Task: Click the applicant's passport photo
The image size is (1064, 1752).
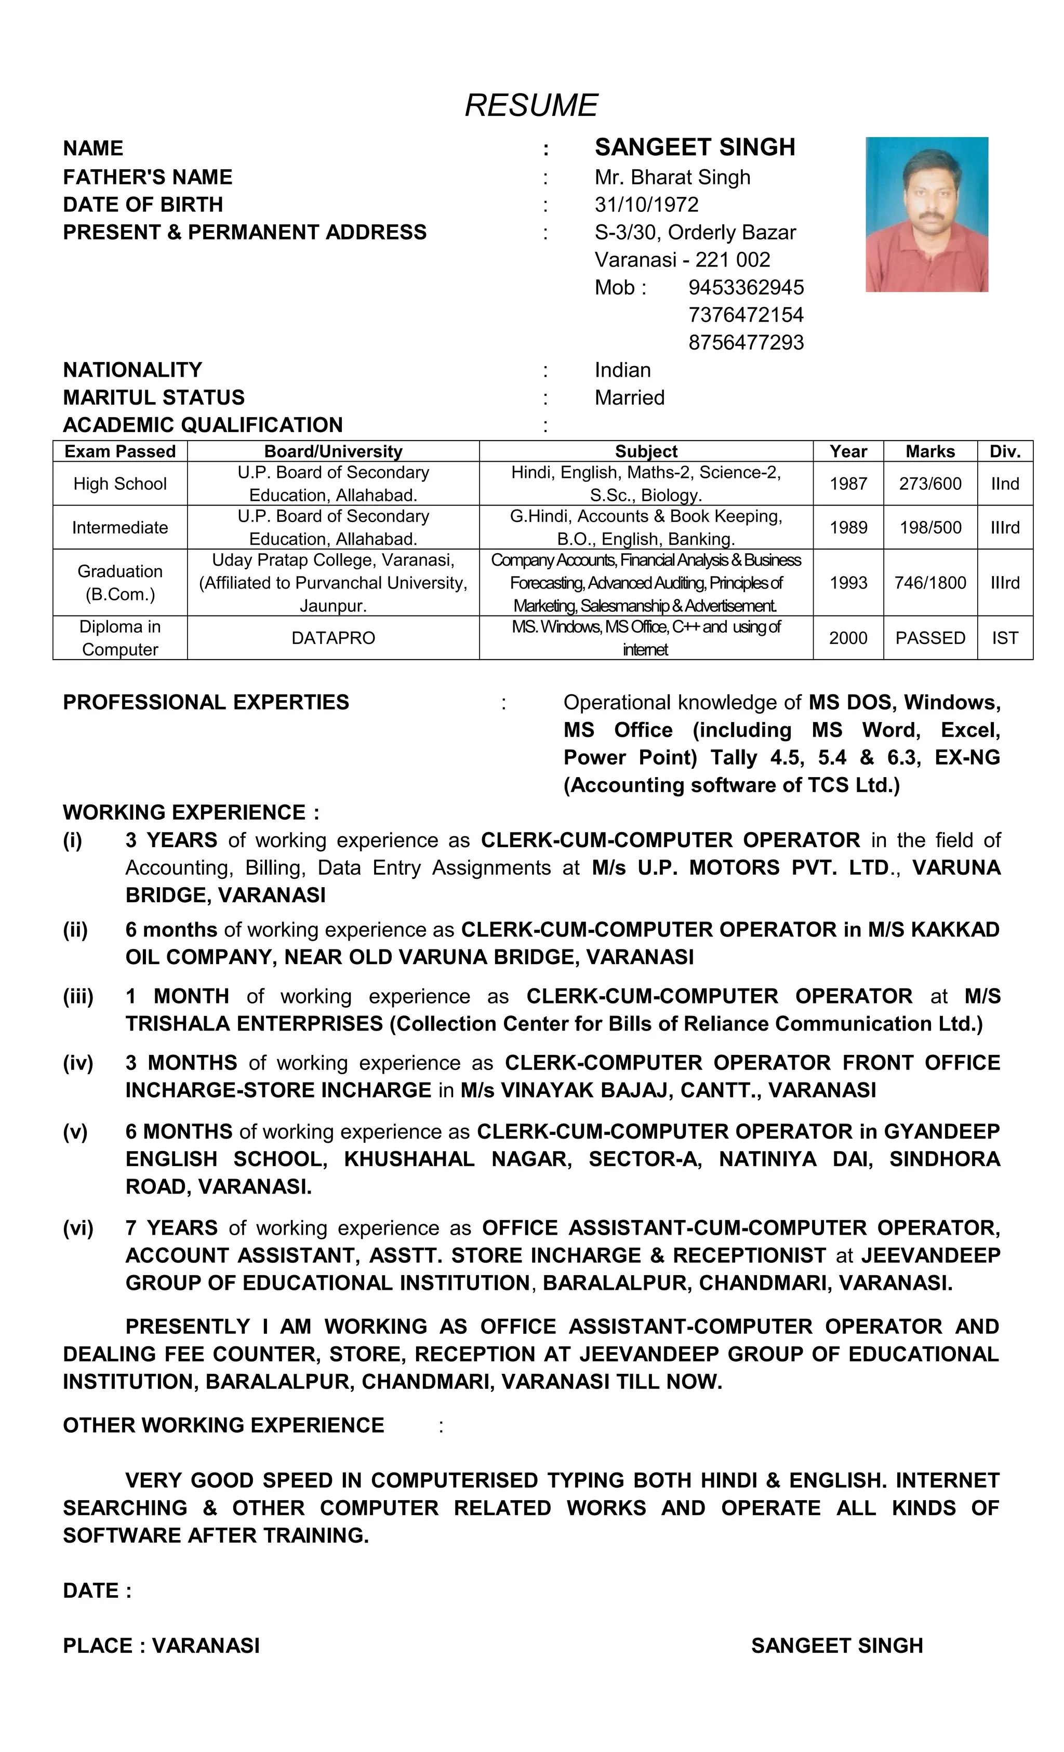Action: click(926, 214)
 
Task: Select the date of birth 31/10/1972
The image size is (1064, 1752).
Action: click(646, 205)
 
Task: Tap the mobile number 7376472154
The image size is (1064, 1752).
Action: click(746, 314)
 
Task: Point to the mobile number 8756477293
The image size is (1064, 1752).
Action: click(746, 342)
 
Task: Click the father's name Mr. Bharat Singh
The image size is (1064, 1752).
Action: click(672, 177)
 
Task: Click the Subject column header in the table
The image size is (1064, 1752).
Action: click(645, 451)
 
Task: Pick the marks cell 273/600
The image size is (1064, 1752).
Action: click(929, 484)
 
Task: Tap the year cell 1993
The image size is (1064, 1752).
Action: click(848, 582)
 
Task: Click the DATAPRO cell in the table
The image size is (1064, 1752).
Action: click(333, 638)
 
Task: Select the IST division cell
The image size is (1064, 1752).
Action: click(1004, 638)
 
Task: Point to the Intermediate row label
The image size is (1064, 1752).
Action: click(119, 528)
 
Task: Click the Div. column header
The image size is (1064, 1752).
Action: click(1004, 451)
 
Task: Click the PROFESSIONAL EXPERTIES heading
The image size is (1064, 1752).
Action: click(206, 702)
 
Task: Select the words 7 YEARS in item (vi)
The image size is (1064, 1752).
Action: click(171, 1228)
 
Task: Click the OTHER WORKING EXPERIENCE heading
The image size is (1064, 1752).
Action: click(223, 1425)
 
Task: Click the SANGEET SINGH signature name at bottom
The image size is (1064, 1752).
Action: click(836, 1646)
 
